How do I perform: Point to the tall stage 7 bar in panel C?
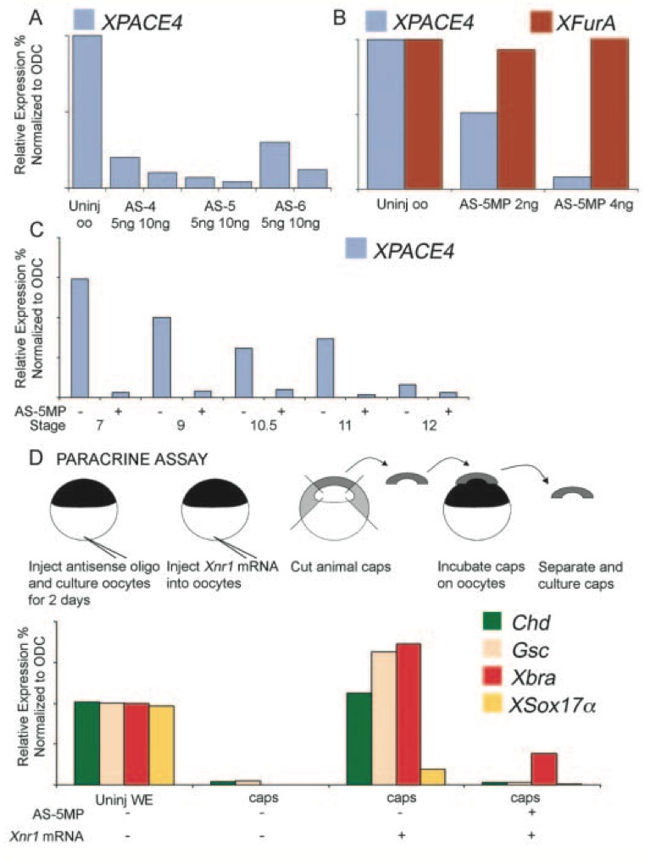[x=80, y=337]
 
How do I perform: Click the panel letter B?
[x=340, y=17]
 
